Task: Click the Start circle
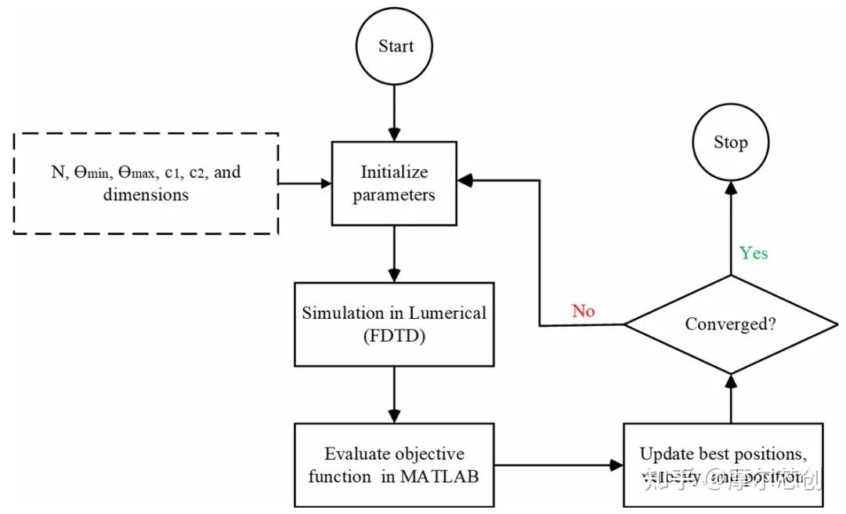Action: (395, 46)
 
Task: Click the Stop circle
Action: (730, 143)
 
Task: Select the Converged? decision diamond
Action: (730, 324)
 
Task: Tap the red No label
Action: (583, 311)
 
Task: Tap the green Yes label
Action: (754, 253)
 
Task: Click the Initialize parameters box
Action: (393, 184)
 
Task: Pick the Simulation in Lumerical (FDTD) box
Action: (393, 324)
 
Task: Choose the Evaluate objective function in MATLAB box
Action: (393, 465)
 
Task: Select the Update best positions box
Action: (722, 465)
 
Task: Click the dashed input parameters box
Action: (146, 183)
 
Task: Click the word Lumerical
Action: (448, 313)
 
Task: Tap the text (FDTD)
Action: (393, 336)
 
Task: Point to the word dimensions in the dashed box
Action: (146, 194)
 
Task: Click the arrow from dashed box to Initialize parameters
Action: (305, 184)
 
